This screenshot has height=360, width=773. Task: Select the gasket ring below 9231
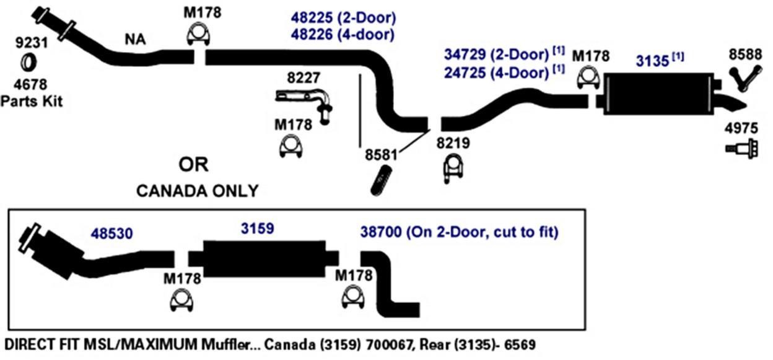28,62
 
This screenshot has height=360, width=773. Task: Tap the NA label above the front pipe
135,40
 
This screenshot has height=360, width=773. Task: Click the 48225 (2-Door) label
343,17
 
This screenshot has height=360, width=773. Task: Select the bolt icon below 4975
741,148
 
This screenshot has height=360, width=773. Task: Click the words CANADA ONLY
197,191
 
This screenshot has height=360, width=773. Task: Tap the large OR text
194,165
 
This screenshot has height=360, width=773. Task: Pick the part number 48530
112,234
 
